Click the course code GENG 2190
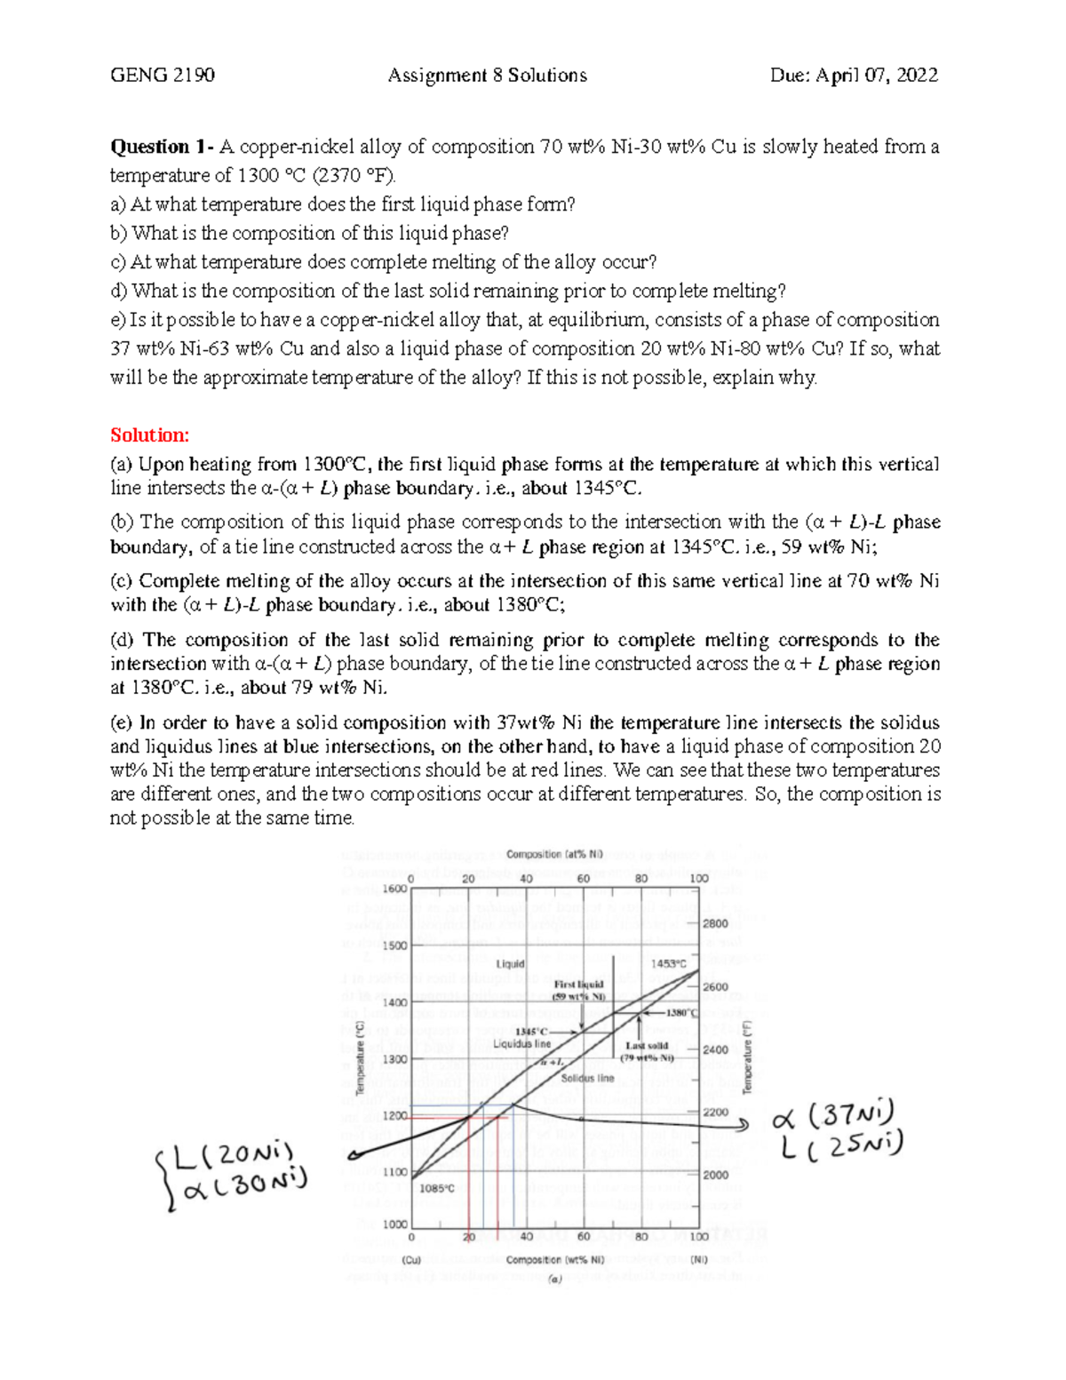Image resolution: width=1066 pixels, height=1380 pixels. (x=162, y=76)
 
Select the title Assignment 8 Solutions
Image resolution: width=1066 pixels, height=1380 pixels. (x=487, y=76)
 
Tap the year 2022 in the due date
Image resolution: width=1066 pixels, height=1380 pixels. (x=916, y=76)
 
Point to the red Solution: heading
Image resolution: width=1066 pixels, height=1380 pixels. (x=149, y=435)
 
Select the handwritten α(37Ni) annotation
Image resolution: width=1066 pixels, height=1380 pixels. (x=835, y=1114)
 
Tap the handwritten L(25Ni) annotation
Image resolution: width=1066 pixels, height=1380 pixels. (x=842, y=1147)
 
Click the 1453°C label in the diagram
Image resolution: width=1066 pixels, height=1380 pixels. (x=668, y=963)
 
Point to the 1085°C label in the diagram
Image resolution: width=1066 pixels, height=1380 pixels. (x=437, y=1188)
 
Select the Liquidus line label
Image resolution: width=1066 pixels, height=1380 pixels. (x=522, y=1044)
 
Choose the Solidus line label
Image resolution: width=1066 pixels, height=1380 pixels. (x=587, y=1078)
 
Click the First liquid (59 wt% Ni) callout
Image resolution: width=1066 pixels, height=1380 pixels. (x=578, y=990)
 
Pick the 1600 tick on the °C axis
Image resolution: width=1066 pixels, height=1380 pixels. (x=394, y=889)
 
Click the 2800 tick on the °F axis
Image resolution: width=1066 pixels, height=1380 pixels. (x=715, y=923)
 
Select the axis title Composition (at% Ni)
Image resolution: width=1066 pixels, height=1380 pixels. (x=554, y=855)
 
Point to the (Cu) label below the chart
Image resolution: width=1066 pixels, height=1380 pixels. (x=411, y=1259)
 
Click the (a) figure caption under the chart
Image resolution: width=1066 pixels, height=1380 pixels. (x=555, y=1280)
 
